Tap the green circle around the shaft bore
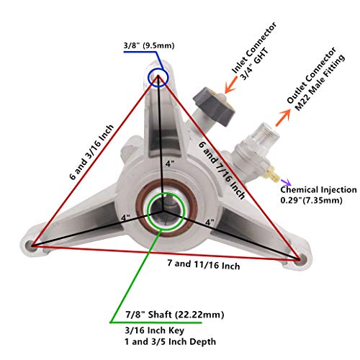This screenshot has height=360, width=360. click(x=147, y=211)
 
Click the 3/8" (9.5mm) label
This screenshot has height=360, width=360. click(x=149, y=45)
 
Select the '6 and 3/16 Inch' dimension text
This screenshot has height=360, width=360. click(x=91, y=152)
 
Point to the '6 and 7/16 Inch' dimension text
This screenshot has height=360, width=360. click(x=222, y=170)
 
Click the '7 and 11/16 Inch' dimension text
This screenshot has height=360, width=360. click(x=204, y=264)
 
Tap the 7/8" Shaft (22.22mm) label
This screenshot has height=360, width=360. click(x=175, y=315)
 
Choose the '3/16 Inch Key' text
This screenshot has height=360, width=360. click(x=155, y=330)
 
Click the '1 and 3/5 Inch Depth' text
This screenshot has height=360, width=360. click(x=170, y=341)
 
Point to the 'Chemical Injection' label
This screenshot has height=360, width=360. click(x=318, y=189)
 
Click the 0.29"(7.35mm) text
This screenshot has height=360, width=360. click(x=311, y=200)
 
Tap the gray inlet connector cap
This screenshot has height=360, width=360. click(x=214, y=106)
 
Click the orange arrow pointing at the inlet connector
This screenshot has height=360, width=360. click(x=231, y=85)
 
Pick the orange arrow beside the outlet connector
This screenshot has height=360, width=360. click(x=283, y=118)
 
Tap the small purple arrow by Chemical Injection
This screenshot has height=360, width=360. click(x=286, y=182)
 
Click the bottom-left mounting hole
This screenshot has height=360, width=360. click(x=30, y=246)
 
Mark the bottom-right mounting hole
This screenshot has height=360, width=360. click(x=301, y=260)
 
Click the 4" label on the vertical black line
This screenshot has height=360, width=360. click(x=170, y=164)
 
